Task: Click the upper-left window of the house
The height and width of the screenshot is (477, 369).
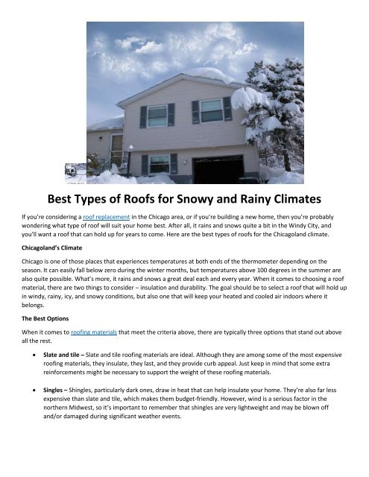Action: pos(157,116)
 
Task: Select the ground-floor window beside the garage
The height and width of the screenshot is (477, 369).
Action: pos(159,164)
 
